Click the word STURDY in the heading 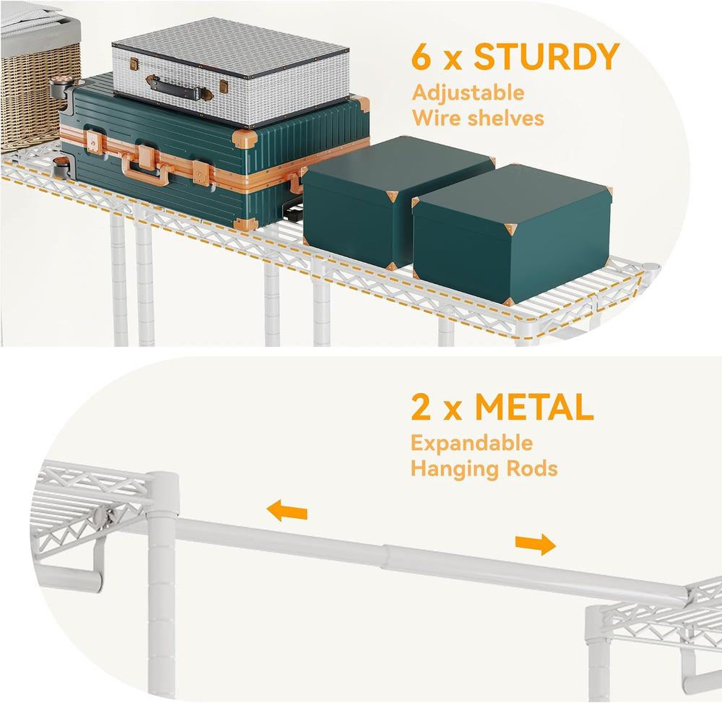547,56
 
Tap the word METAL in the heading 534,407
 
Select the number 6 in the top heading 421,56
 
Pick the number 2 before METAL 421,407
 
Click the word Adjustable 469,93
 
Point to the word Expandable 471,443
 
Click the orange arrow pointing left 287,511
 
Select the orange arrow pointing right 536,544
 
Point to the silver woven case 231,72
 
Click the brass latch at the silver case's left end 134,64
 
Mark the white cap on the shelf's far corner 651,267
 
